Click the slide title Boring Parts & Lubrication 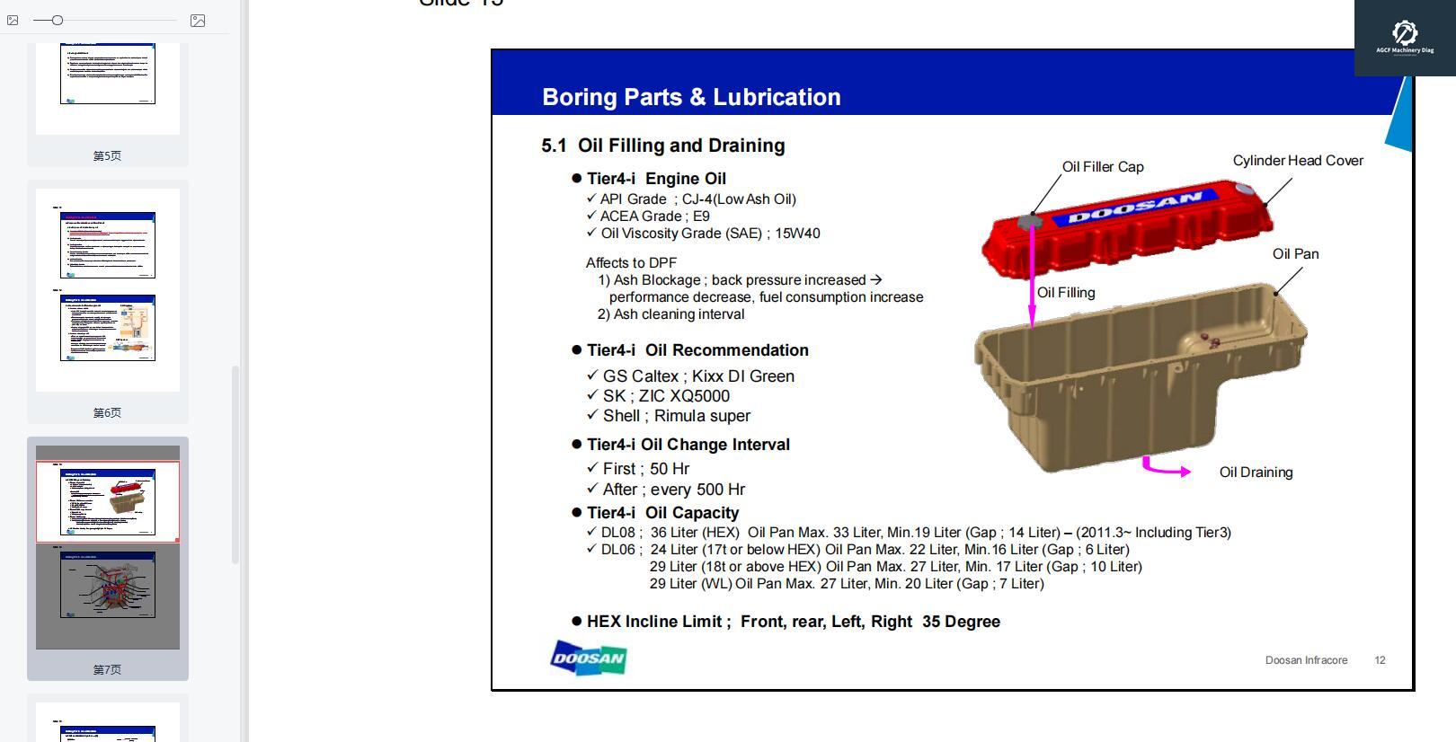click(691, 97)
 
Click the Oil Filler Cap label click(1102, 167)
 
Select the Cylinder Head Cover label click(1297, 161)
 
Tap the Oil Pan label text click(1295, 254)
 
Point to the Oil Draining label click(1256, 473)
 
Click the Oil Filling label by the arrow click(1066, 293)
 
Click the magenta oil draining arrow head click(1185, 472)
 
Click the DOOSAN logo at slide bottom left click(588, 658)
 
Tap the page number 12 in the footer click(1380, 660)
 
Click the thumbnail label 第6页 click(107, 413)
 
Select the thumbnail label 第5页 click(107, 156)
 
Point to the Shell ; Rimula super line click(676, 416)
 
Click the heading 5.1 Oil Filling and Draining click(663, 146)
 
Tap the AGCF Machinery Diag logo click(1405, 37)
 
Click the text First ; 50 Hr click(645, 469)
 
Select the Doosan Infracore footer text click(1306, 660)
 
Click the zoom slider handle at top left click(57, 20)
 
